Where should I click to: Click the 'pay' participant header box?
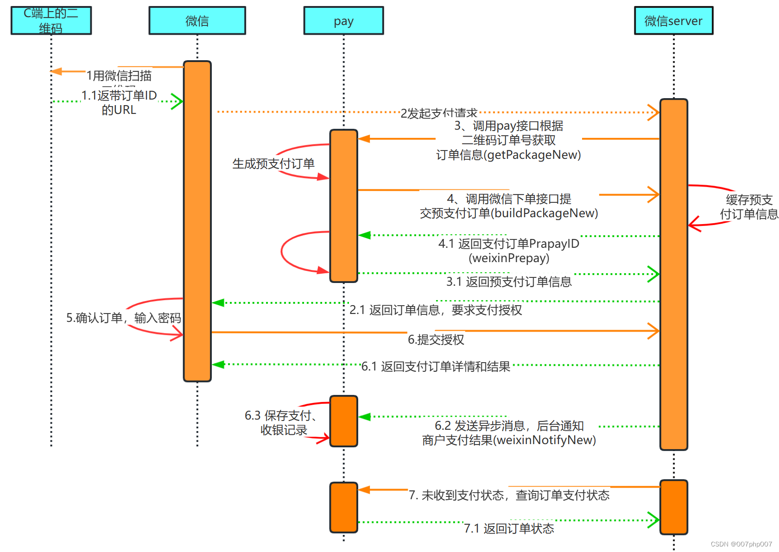[x=343, y=21]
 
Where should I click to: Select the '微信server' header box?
[x=673, y=21]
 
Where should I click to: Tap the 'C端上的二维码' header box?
[x=51, y=21]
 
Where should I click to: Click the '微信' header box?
[x=197, y=21]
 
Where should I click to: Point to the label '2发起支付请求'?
[x=438, y=113]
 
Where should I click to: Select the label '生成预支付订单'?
[x=273, y=163]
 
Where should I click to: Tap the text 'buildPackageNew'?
[x=544, y=213]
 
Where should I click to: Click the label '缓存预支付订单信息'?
[x=749, y=207]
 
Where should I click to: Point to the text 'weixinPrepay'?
[x=509, y=258]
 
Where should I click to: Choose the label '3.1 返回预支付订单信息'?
[x=509, y=282]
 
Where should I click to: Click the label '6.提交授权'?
[x=436, y=339]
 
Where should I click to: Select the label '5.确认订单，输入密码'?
[x=123, y=318]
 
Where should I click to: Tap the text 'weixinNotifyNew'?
[x=545, y=440]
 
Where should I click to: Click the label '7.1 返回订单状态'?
[x=509, y=528]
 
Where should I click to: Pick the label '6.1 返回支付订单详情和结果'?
[x=436, y=366]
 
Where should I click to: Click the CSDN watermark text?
[x=741, y=544]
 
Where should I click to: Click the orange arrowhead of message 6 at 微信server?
[x=654, y=331]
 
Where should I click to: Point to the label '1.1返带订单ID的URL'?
[x=119, y=102]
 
